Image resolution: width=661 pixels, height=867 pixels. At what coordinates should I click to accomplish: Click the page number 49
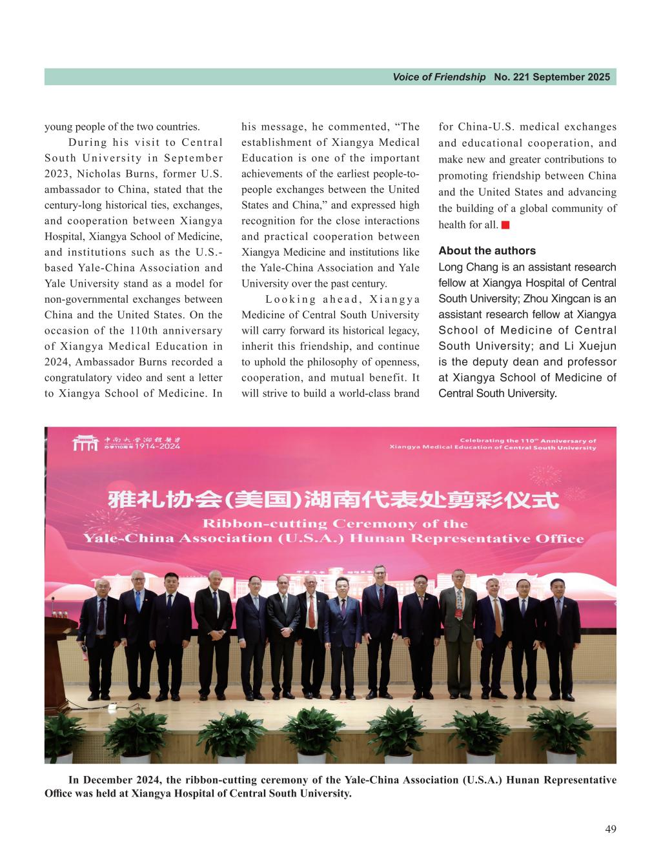click(610, 829)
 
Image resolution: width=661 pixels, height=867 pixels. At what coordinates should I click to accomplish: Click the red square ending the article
click(505, 225)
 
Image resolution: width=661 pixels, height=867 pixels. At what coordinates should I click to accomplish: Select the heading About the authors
click(487, 250)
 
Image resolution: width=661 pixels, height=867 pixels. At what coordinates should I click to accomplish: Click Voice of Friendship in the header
click(439, 77)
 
